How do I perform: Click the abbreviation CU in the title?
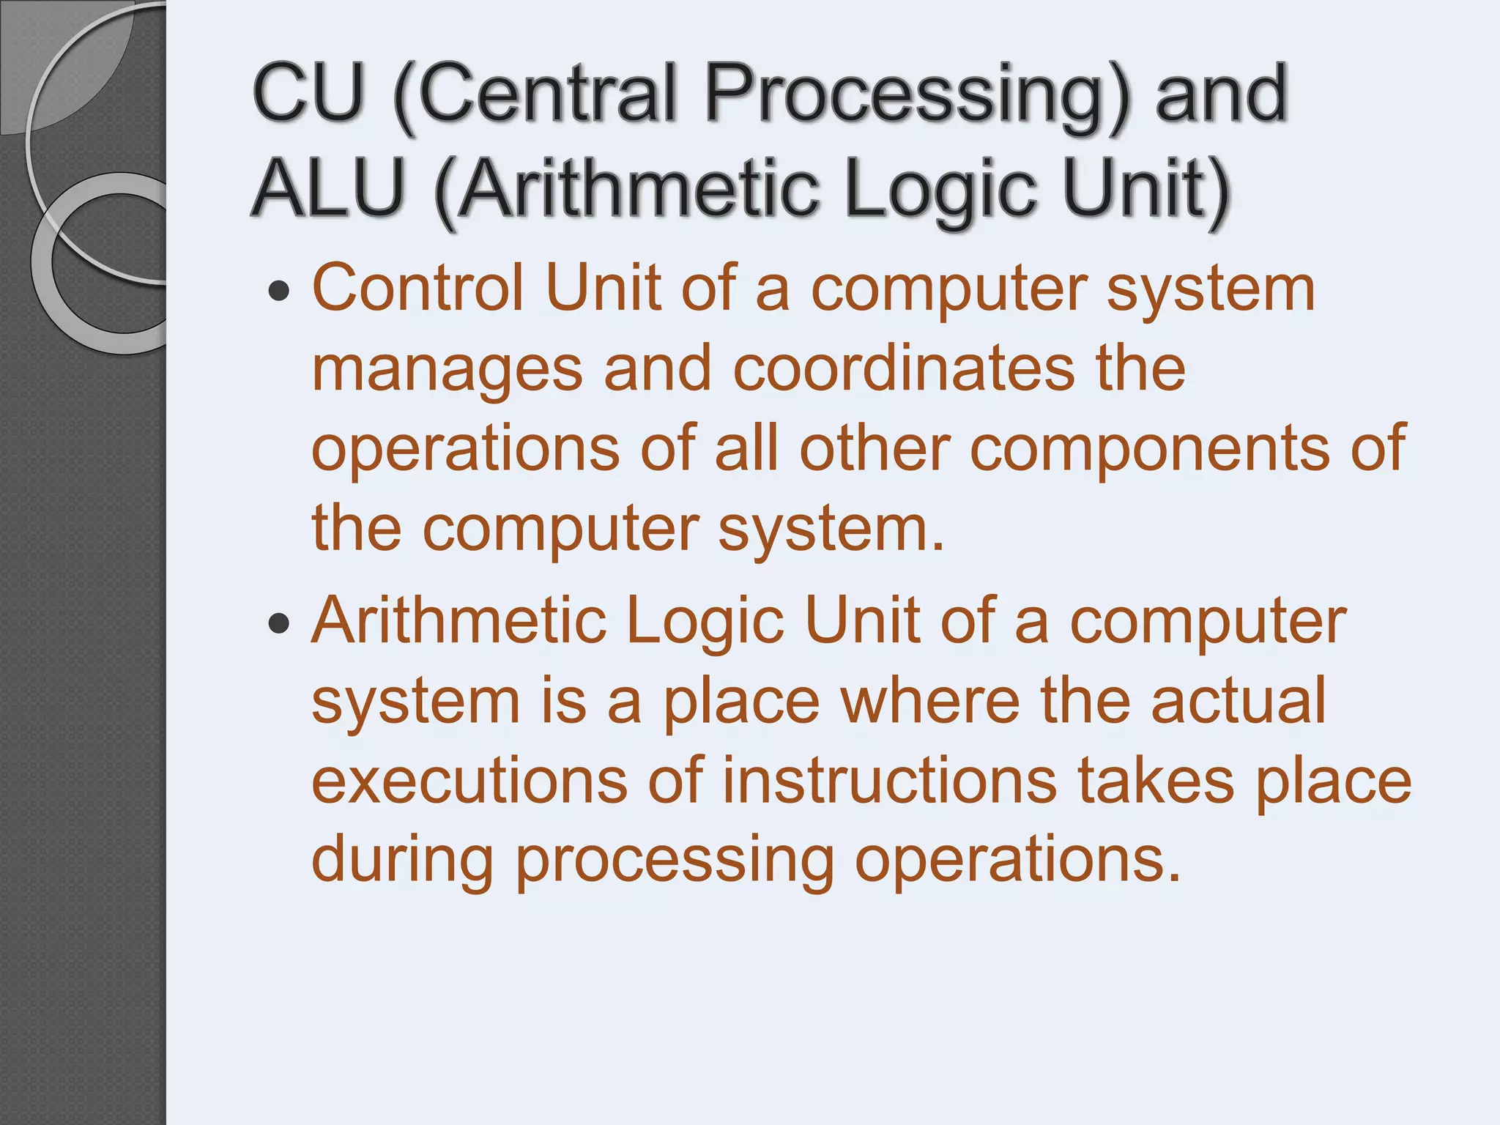(x=308, y=94)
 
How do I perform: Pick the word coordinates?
(x=904, y=368)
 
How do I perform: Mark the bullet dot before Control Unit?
(x=278, y=292)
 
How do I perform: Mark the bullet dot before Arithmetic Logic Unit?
(x=278, y=624)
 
